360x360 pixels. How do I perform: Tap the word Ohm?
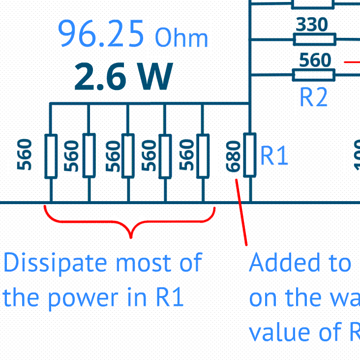pos(181,38)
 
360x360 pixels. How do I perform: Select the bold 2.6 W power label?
pos(123,78)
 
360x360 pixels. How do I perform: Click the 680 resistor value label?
pos(234,156)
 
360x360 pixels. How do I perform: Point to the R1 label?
pos(273,156)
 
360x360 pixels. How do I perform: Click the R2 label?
pos(313,97)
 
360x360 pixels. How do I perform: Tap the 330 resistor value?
pos(312,25)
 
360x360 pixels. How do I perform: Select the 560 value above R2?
pos(315,60)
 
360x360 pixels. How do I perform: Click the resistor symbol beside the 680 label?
pos(250,154)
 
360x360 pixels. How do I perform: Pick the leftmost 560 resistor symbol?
pos(51,156)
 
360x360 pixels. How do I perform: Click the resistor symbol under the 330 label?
pos(314,39)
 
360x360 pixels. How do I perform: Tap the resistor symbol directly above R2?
pos(314,75)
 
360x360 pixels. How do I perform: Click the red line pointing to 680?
pos(241,211)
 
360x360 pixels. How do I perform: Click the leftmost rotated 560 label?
pos(25,155)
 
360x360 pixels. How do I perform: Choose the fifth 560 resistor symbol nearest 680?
pos(203,155)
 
